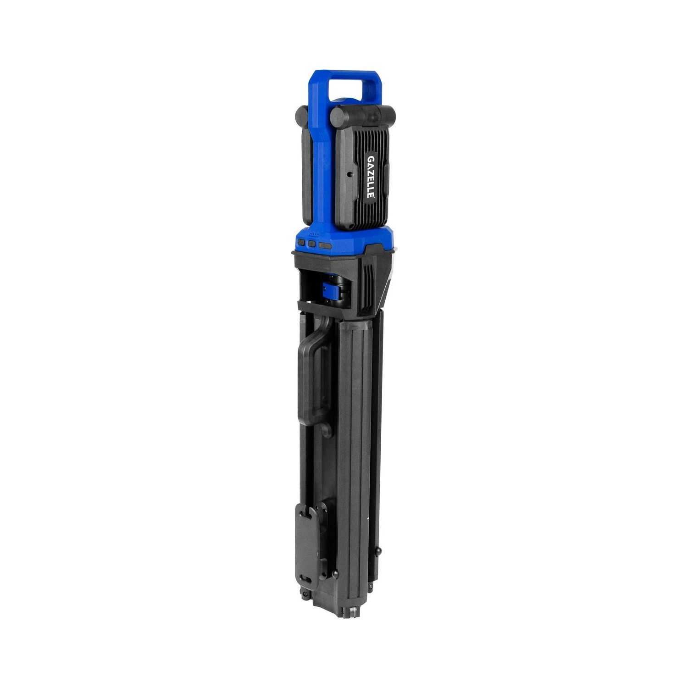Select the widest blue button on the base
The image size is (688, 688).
326,246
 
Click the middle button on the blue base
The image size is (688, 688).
312,244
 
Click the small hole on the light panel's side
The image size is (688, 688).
349,175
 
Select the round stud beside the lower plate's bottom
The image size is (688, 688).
336,574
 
